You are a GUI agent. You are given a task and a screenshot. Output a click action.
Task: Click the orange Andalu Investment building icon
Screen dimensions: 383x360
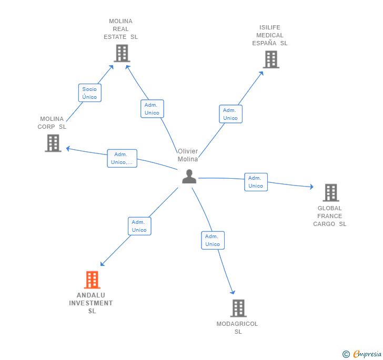pos(92,280)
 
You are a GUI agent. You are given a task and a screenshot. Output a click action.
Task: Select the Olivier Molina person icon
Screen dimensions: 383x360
pos(189,177)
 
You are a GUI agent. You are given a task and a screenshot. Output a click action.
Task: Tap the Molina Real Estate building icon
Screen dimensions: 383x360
pos(122,53)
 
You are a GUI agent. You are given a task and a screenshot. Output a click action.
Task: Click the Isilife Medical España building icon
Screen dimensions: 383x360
pos(271,59)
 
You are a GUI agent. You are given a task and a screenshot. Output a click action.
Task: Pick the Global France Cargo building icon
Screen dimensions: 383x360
pos(330,193)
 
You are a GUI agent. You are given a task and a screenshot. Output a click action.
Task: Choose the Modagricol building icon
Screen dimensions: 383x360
pos(238,308)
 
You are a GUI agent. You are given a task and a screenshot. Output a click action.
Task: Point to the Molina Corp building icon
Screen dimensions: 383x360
pos(53,143)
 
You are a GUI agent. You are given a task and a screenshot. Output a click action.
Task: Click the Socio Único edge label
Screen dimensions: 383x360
pos(89,93)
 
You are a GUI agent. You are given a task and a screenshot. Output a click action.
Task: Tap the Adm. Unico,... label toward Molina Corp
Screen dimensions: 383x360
pos(122,158)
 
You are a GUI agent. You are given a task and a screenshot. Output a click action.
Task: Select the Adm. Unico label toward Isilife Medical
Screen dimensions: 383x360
pos(230,114)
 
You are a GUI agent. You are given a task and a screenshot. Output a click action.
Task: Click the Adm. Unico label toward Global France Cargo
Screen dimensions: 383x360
pos(256,182)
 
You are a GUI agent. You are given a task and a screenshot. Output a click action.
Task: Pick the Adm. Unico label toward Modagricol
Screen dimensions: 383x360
pos(213,240)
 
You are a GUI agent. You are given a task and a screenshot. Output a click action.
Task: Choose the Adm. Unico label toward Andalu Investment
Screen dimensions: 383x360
pos(139,226)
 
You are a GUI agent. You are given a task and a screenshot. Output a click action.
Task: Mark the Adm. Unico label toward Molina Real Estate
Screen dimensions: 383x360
pos(152,109)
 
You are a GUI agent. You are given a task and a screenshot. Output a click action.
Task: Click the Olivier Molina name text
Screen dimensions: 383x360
pos(188,155)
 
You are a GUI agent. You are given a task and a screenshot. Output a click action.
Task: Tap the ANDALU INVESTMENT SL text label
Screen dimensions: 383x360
pos(91,303)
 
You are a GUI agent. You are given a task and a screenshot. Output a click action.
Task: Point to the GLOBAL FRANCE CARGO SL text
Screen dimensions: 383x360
pos(330,216)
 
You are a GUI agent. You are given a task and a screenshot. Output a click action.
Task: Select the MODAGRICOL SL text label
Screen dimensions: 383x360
pos(237,327)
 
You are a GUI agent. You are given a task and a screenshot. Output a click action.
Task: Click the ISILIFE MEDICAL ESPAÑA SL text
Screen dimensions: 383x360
pos(270,35)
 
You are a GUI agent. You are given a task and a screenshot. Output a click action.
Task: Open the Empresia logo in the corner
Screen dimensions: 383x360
pos(362,354)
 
